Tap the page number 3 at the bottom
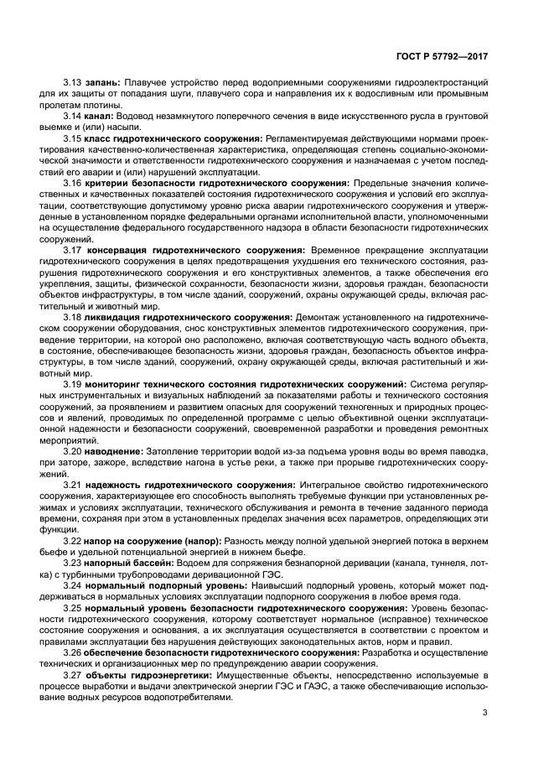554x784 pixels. (x=484, y=714)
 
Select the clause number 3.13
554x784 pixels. (x=73, y=83)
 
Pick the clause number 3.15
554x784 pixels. (x=73, y=138)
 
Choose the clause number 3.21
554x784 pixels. (x=73, y=485)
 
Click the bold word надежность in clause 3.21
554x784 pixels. (x=114, y=485)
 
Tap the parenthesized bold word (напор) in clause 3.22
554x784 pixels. (x=199, y=541)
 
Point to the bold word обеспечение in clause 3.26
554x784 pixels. (x=117, y=652)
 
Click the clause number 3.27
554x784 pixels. (x=73, y=674)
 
